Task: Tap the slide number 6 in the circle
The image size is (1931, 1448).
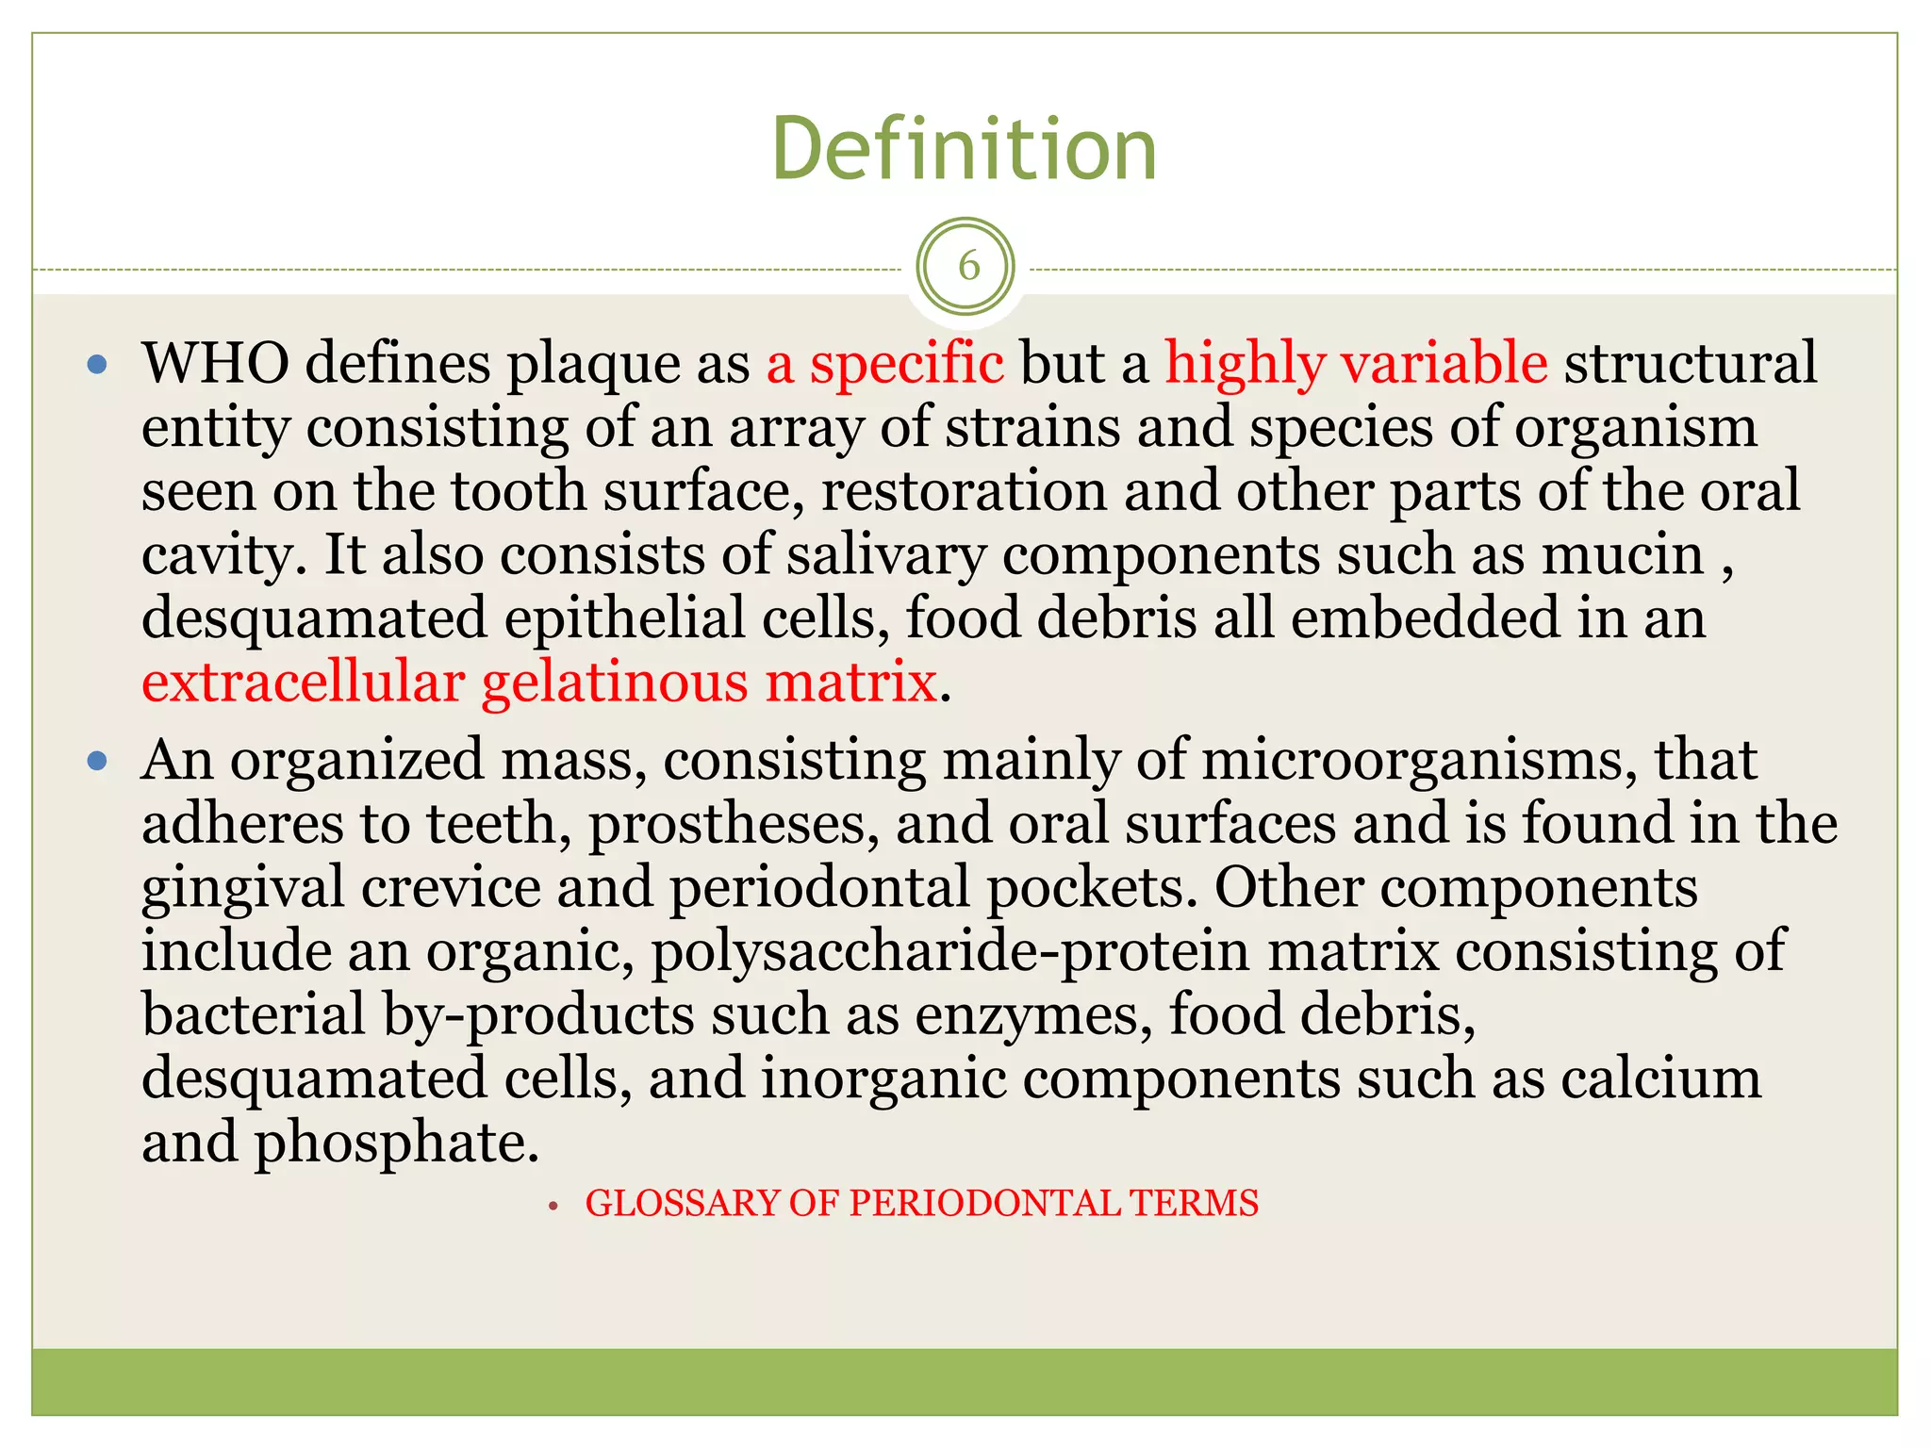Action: coord(968,268)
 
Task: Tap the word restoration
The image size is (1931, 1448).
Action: coord(964,491)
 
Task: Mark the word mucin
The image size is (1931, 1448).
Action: coord(1622,554)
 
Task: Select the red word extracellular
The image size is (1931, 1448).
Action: coord(303,682)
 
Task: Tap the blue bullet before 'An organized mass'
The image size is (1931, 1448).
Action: coord(97,761)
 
